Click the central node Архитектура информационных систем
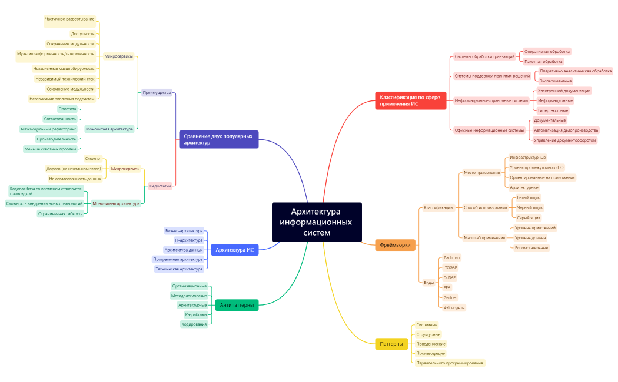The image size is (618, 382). point(317,222)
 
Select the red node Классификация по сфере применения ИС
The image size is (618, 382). point(410,100)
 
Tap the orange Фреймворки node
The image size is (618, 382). point(395,244)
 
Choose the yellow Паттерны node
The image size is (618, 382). point(391,344)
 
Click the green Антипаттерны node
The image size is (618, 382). point(237,305)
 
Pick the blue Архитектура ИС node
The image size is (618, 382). point(234,250)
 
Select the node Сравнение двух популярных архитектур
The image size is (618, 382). point(219,139)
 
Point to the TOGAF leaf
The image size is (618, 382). point(451,267)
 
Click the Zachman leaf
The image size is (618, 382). point(451,257)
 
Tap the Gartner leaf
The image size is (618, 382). point(450,297)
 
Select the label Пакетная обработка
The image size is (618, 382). point(543,61)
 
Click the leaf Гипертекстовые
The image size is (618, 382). point(553,110)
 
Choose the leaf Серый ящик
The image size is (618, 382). point(529,217)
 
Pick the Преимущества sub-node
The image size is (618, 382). point(157,93)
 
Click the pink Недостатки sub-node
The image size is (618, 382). point(161,186)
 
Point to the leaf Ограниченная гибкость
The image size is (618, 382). point(60,213)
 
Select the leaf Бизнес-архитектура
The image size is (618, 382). point(184,231)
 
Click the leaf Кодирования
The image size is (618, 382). point(194,324)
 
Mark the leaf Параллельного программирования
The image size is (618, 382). point(450,363)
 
